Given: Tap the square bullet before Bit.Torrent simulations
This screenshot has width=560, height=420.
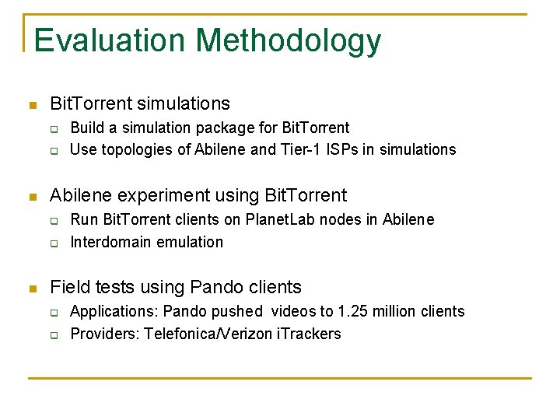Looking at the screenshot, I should [30, 105].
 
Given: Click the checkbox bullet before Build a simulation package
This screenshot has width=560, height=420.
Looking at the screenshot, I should [55, 128].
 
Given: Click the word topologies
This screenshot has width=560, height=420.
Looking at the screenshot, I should [137, 150].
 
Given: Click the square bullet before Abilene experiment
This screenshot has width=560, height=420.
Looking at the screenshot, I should [30, 197].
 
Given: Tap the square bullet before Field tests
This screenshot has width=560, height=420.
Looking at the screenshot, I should [30, 289].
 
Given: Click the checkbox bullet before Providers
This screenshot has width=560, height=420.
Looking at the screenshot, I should [55, 335].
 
